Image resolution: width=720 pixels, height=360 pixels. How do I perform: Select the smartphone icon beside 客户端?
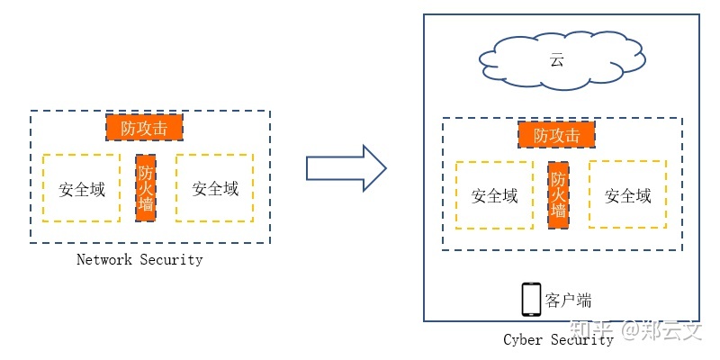coord(531,300)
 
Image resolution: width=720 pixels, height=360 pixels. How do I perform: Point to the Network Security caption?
coord(139,260)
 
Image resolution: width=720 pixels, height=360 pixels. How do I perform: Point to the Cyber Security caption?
coord(558,339)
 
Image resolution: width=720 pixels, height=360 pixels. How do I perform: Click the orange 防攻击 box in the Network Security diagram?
coord(144,128)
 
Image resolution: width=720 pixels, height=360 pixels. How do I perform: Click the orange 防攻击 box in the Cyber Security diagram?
coord(557,135)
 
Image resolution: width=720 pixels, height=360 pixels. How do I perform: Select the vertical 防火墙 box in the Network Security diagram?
coord(146,189)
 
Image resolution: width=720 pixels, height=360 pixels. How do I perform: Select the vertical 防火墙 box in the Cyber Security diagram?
coord(559,195)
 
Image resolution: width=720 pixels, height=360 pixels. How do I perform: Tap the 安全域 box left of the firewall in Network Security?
coord(82,188)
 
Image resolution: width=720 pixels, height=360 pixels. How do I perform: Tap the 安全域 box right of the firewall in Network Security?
coord(215,188)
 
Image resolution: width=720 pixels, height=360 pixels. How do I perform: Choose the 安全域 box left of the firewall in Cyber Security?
coord(495,195)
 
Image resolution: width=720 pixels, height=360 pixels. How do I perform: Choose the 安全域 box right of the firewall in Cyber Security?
coord(627,195)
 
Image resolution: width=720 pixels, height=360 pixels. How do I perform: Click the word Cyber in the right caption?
coord(523,339)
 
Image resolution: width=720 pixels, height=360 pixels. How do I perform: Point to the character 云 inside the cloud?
coord(557,61)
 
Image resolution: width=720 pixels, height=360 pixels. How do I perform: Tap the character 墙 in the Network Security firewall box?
coord(146,210)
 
